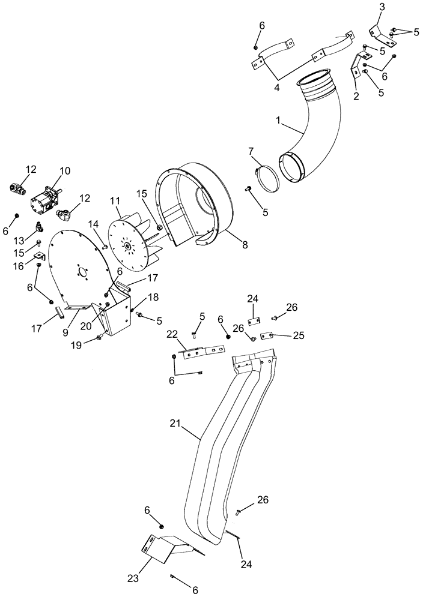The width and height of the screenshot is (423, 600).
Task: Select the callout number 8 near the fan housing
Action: [x=245, y=245]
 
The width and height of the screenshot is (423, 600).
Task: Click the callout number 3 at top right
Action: [x=382, y=7]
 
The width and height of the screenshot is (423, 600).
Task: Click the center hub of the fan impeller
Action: [x=127, y=245]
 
